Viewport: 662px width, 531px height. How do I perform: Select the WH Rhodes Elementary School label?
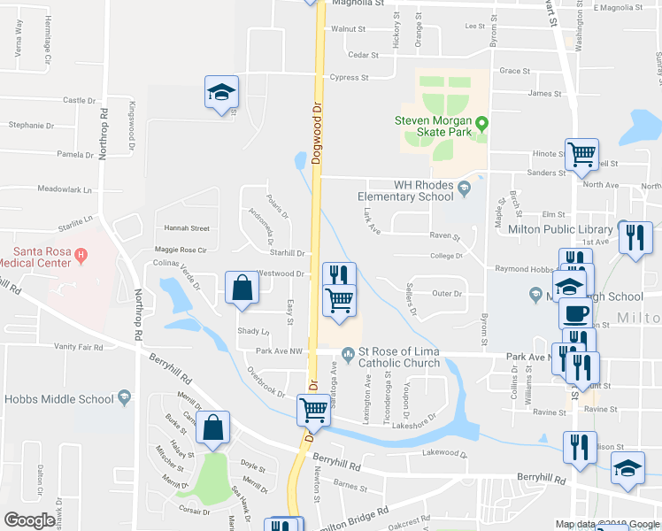click(404, 191)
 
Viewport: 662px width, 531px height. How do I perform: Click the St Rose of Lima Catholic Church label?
click(398, 357)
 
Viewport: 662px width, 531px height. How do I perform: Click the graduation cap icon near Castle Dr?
click(221, 92)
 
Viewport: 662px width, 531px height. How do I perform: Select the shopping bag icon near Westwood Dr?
click(242, 288)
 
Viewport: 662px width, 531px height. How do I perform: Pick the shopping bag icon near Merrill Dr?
click(213, 428)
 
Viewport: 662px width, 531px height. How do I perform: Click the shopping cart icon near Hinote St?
click(581, 156)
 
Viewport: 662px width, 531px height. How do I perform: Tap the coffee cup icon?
click(575, 312)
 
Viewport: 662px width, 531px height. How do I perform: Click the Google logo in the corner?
click(30, 520)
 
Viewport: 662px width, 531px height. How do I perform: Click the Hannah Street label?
click(181, 228)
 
